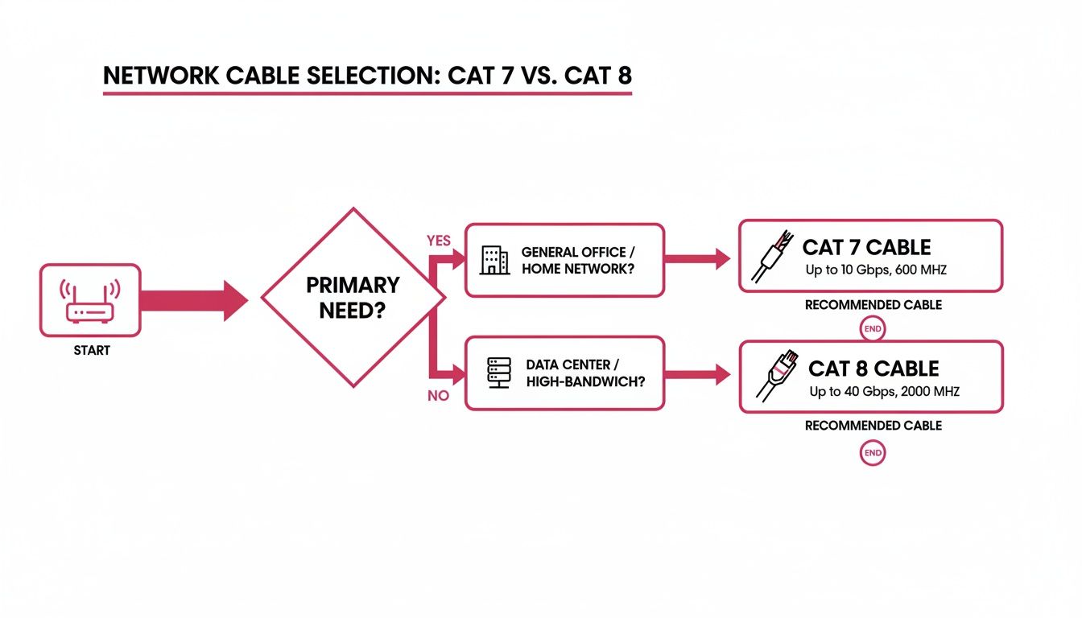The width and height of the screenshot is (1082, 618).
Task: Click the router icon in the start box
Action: [x=90, y=300]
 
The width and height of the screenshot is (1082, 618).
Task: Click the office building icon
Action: [x=494, y=260]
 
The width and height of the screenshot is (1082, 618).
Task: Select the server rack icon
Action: [x=494, y=373]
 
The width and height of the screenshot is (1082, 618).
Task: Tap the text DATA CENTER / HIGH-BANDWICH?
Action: [x=584, y=373]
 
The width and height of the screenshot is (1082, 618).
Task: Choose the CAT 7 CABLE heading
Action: [x=866, y=247]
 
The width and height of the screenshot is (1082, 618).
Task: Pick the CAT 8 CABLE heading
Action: [x=873, y=369]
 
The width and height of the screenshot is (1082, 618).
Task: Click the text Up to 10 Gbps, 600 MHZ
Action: [x=876, y=270]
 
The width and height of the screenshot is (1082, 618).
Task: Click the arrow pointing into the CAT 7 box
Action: [x=697, y=259]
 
